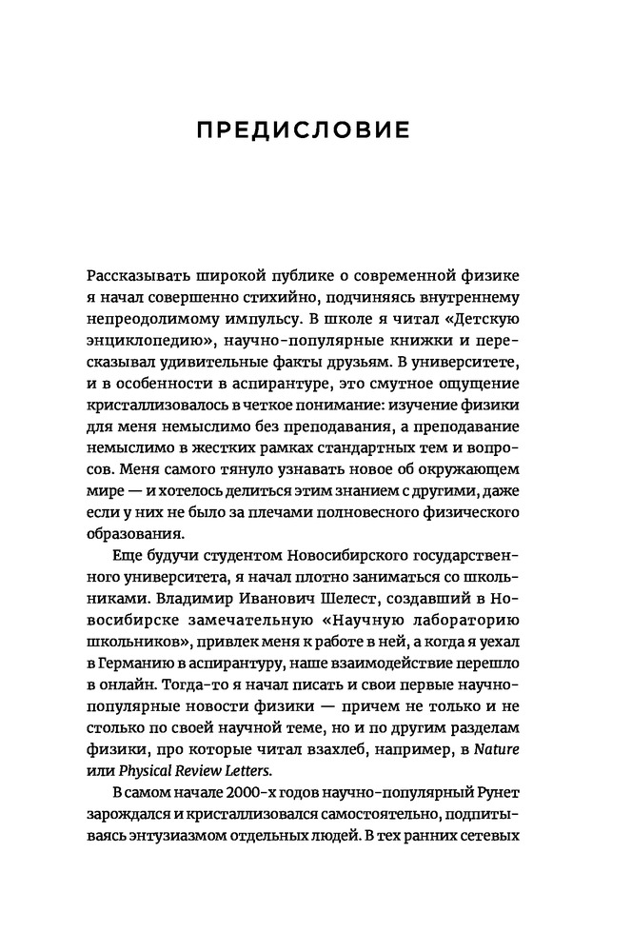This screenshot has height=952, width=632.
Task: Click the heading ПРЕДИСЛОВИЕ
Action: (x=315, y=128)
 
